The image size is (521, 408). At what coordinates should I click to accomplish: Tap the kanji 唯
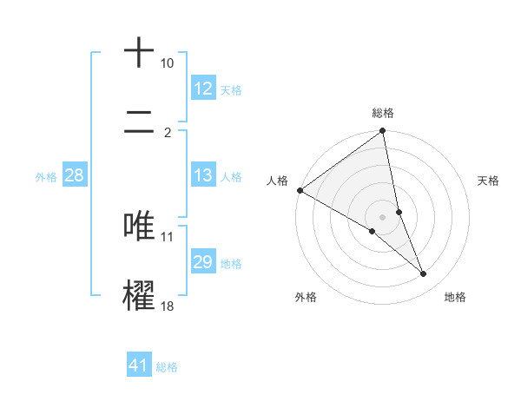click(139, 225)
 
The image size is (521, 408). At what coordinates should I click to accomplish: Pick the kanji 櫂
click(139, 293)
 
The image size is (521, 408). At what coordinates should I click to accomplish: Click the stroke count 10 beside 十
click(167, 63)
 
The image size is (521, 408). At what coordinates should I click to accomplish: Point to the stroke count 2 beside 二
click(167, 133)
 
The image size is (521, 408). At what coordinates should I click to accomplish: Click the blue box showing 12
click(203, 89)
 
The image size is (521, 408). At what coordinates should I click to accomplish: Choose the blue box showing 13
click(203, 175)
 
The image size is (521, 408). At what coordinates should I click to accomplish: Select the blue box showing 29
click(203, 262)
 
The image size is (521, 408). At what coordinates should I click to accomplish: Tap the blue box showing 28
click(75, 175)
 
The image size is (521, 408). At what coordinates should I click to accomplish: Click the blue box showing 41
click(139, 365)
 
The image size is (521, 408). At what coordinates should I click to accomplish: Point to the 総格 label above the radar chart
click(383, 113)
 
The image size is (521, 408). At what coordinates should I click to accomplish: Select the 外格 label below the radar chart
click(306, 297)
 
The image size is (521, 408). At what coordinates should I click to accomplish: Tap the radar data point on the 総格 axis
click(383, 132)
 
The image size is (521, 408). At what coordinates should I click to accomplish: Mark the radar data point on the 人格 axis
click(300, 190)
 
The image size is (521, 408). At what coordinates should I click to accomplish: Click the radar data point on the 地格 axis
click(424, 274)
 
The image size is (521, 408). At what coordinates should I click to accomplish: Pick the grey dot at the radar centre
click(383, 217)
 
